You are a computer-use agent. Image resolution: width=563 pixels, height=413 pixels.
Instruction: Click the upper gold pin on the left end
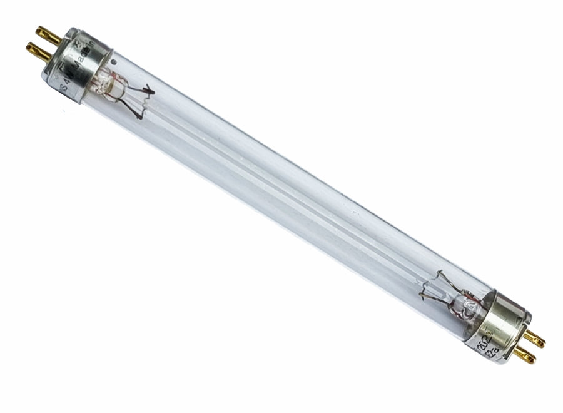47,34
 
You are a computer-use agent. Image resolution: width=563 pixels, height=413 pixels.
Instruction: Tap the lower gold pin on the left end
38,51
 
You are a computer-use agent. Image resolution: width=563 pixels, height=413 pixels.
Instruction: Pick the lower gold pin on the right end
525,355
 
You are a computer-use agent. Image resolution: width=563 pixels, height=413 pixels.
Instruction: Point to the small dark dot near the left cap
114,62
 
